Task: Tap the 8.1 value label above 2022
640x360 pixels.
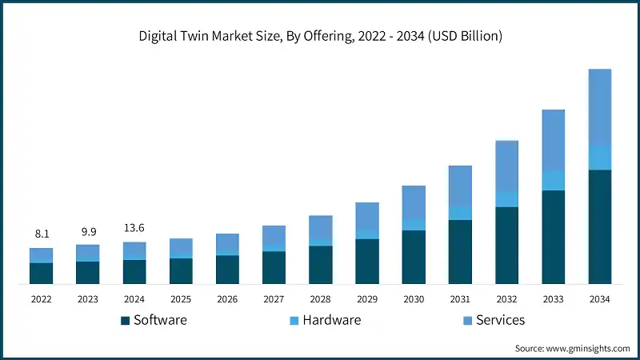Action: (41, 234)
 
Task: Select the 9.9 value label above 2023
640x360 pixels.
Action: (87, 232)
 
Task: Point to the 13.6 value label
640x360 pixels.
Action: (134, 229)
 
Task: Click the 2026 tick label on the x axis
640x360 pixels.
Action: (227, 298)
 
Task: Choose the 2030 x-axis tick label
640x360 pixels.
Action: (414, 298)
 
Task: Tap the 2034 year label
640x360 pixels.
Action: (599, 298)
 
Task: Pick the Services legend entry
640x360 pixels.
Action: (499, 320)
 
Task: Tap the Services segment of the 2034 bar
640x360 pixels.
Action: (600, 108)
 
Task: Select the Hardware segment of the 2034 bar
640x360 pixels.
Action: (600, 158)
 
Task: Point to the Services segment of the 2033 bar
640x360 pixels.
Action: (554, 140)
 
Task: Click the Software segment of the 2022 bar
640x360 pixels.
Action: (41, 273)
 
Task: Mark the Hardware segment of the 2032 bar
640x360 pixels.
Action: (506, 199)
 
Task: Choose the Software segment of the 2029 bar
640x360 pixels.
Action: (367, 261)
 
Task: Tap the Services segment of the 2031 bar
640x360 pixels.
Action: (460, 186)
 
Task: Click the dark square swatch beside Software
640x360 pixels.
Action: (125, 321)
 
